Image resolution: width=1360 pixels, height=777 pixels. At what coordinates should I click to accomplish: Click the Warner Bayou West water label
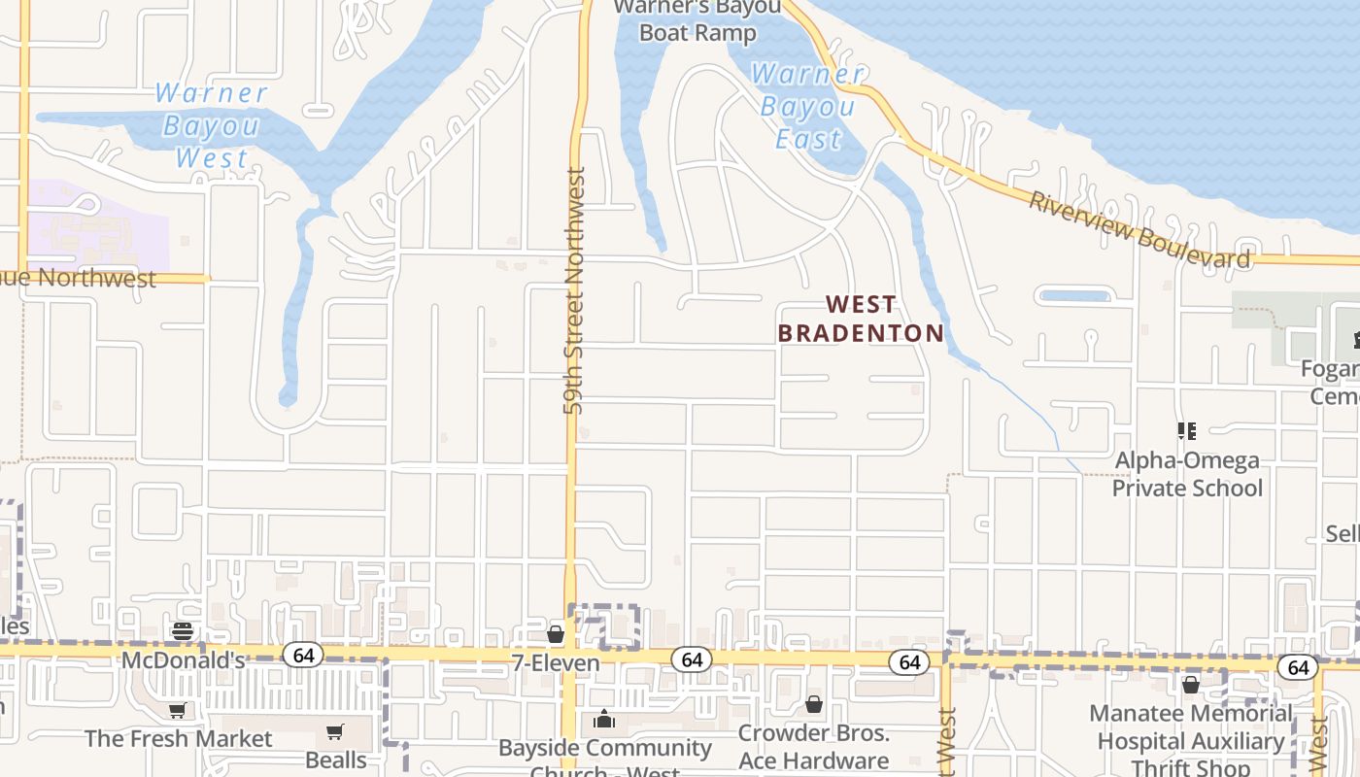(211, 125)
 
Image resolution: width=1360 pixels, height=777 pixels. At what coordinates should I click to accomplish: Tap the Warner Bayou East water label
(807, 107)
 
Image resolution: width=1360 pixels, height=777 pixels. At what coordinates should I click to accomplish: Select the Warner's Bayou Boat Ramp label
(697, 20)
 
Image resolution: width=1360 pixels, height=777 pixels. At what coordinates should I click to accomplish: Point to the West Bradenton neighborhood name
(861, 319)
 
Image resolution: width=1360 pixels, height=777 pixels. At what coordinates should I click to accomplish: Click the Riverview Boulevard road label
(1139, 230)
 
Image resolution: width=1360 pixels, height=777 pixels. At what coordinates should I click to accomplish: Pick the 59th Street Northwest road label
(575, 291)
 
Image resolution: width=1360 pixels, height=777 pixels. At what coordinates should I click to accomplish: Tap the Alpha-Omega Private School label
(1187, 474)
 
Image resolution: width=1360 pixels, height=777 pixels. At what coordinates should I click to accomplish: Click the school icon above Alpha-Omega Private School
(1186, 430)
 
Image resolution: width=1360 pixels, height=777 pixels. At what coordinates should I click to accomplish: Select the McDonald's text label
(183, 660)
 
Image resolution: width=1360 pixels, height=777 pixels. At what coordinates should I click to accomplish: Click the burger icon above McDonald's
(182, 631)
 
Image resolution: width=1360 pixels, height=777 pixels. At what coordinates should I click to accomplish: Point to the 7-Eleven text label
(555, 662)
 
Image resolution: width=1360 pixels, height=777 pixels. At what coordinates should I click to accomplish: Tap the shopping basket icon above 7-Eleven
(556, 634)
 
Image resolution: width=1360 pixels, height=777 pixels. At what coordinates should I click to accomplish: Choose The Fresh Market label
(179, 739)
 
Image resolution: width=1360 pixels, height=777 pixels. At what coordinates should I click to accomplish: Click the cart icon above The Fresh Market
(177, 712)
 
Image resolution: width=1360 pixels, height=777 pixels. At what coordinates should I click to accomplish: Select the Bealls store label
(336, 760)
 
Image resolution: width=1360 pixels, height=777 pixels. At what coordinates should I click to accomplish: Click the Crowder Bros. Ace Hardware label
(814, 746)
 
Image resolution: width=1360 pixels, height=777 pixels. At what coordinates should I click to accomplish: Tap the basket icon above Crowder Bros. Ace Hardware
(814, 704)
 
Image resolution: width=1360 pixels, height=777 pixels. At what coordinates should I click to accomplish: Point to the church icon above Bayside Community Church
(604, 720)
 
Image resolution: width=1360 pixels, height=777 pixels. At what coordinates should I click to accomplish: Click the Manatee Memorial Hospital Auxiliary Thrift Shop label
(1191, 741)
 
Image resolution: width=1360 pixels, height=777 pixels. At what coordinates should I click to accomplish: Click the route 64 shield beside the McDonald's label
(303, 656)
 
